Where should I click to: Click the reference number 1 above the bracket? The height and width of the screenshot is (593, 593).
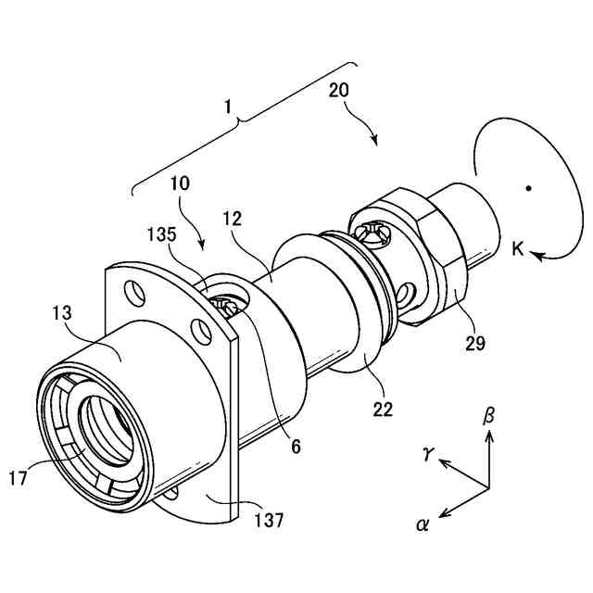pyautogui.click(x=230, y=107)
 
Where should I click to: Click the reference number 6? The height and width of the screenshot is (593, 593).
pyautogui.click(x=296, y=446)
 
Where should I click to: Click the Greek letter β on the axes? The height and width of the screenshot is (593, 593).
pyautogui.click(x=489, y=414)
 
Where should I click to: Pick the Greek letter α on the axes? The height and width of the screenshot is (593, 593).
pyautogui.click(x=423, y=524)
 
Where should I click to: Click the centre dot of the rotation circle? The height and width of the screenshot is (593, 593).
pyautogui.click(x=527, y=190)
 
